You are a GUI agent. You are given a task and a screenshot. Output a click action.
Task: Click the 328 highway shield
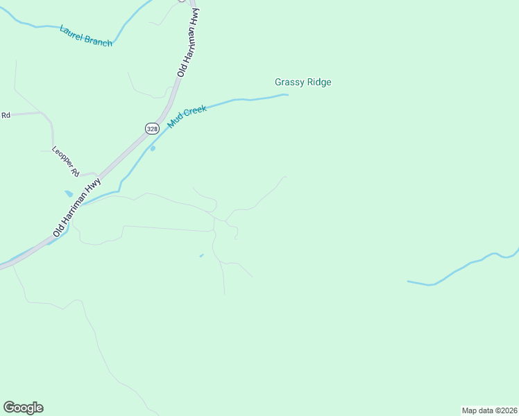pos(152,128)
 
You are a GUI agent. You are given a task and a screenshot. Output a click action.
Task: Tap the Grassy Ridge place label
pos(303,83)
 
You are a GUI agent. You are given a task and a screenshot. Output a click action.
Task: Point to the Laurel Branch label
pos(86,35)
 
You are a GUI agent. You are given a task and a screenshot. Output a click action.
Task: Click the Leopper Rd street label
pos(66,161)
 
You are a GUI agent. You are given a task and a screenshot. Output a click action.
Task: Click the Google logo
pos(23,408)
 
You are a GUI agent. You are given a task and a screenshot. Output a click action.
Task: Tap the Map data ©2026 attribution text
pos(490,410)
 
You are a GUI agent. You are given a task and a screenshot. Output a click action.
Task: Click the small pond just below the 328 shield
pos(153,148)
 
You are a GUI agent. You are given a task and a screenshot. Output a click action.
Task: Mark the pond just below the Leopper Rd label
pos(68,193)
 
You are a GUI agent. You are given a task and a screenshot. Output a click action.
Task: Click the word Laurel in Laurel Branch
pos(71,31)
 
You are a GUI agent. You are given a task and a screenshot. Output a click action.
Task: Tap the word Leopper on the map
pos(61,157)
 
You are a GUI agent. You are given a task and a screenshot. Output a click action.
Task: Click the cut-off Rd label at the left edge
pos(6,115)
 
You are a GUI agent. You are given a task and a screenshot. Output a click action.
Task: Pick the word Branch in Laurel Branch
pos(98,40)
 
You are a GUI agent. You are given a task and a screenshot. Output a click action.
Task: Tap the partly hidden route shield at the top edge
pos(182,1)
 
